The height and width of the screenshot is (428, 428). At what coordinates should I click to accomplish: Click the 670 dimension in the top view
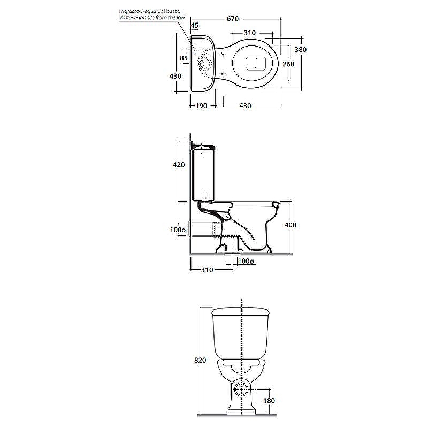[x=233, y=19]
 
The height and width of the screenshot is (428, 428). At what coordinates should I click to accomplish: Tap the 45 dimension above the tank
[x=194, y=25]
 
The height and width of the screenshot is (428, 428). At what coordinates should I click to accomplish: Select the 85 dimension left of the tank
[x=184, y=58]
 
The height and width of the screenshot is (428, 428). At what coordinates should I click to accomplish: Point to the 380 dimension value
[x=301, y=49]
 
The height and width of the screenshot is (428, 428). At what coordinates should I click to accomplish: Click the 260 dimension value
[x=288, y=64]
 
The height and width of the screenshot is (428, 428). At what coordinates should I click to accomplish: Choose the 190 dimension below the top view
[x=202, y=105]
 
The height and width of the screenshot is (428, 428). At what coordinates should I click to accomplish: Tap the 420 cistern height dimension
[x=179, y=165]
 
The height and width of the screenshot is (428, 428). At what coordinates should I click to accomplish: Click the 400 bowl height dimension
[x=291, y=225]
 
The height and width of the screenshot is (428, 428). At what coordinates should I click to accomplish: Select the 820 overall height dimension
[x=200, y=360]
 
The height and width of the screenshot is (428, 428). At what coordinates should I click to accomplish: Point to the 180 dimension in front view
[x=269, y=400]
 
